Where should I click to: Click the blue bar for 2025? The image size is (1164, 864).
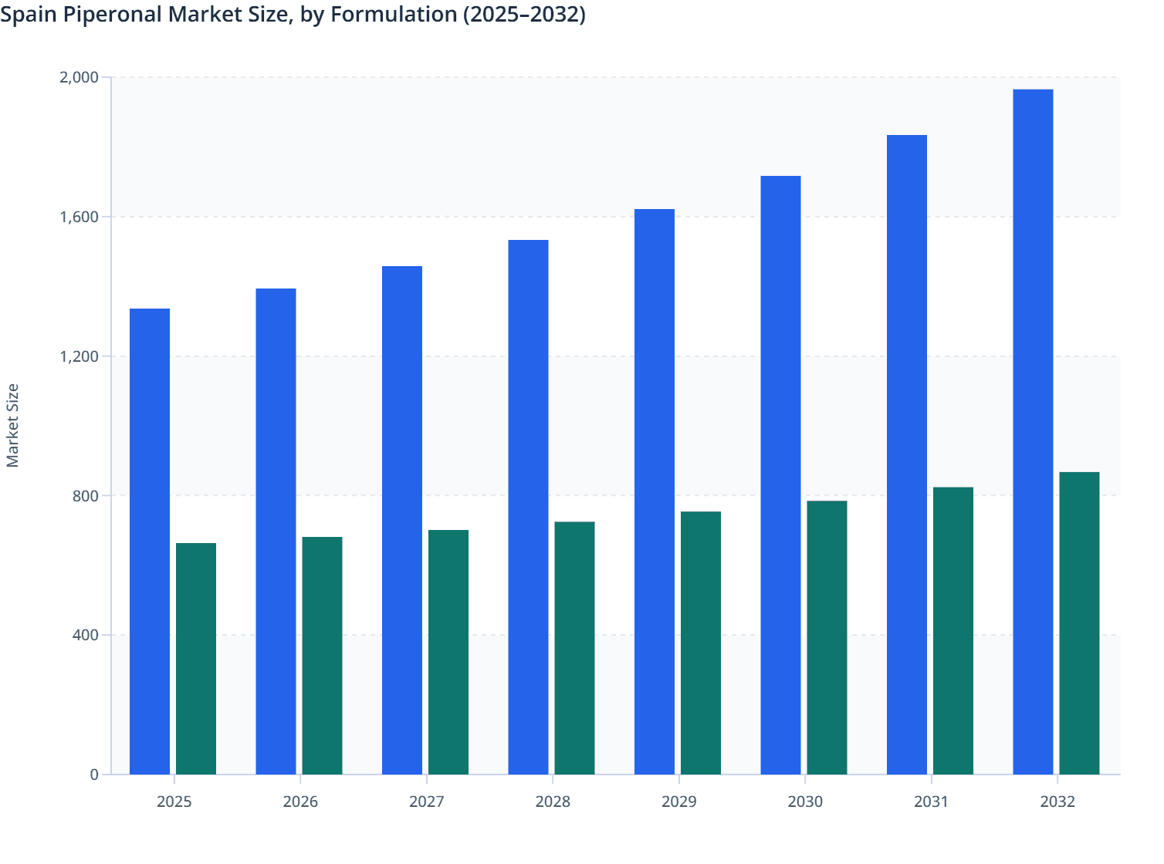[x=150, y=542]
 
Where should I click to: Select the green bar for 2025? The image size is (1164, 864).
[x=196, y=659]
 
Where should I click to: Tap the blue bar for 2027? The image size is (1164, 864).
[x=402, y=521]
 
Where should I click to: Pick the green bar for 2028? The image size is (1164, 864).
[x=575, y=648]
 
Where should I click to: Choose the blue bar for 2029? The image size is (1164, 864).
[x=655, y=492]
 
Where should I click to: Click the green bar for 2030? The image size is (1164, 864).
[x=827, y=638]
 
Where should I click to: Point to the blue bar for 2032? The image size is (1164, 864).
[x=1033, y=432]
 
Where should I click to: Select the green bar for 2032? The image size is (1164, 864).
[x=1079, y=623]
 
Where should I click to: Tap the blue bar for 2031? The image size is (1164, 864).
[x=907, y=455]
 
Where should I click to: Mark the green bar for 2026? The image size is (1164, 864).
[x=322, y=656]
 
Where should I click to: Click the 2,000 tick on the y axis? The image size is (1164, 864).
[x=79, y=77]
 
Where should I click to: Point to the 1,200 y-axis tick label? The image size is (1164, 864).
[x=79, y=356]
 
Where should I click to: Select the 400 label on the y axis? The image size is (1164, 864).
[x=85, y=635]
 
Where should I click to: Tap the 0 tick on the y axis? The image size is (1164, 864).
[x=94, y=775]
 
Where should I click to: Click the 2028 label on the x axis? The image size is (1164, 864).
[x=553, y=802]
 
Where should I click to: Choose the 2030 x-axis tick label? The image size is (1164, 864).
[x=805, y=802]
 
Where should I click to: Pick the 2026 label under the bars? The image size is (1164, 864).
[x=300, y=802]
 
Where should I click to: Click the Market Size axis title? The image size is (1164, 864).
[x=13, y=426]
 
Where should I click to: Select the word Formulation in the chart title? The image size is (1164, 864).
[x=394, y=14]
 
